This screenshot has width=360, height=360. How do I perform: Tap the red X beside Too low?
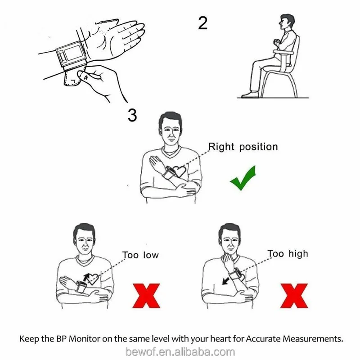coord(146,296)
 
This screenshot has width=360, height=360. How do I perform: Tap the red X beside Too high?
coord(294,296)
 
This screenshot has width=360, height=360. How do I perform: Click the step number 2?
coord(203,23)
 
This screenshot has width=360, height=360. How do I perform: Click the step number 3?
coord(132,115)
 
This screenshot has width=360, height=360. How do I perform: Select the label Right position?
coord(243,147)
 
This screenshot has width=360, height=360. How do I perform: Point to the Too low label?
coord(140,255)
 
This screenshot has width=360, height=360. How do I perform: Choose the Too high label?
coord(288,254)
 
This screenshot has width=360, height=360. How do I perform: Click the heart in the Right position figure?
coord(179,171)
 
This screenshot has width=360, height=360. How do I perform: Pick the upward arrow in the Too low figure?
coord(86,277)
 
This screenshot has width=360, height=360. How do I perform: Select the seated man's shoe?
coord(250,94)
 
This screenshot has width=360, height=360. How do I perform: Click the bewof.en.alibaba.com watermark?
coord(180,352)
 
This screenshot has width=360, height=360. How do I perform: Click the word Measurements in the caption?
coord(313,339)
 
